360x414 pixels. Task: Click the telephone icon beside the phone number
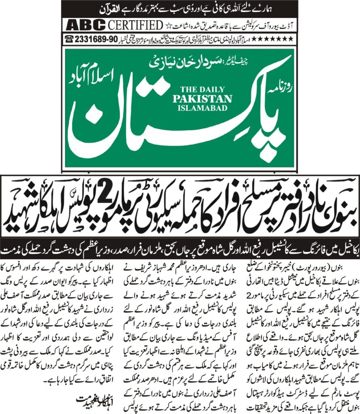[x=69, y=39]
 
